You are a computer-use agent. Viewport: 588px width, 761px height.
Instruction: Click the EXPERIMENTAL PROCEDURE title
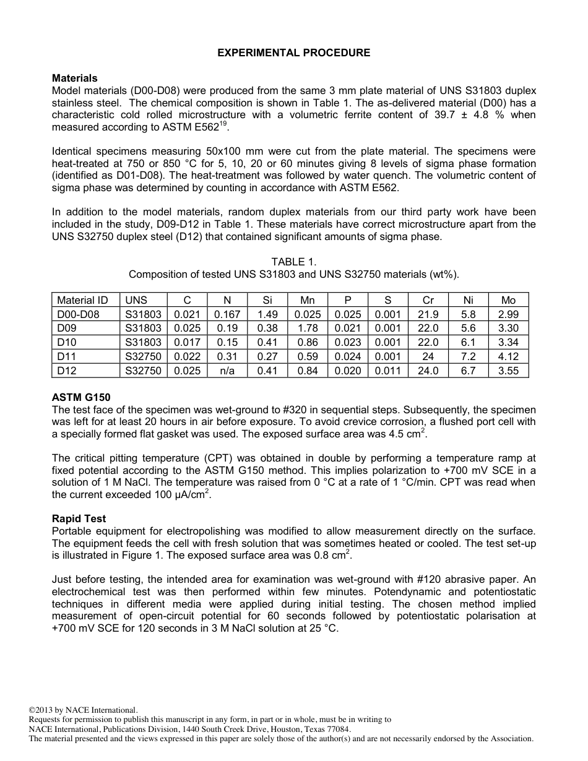[x=293, y=53]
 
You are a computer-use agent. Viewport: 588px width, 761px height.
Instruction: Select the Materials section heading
[x=74, y=78]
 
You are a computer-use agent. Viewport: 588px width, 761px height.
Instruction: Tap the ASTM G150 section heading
[x=81, y=397]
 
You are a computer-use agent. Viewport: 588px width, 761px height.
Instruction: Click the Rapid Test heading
[x=79, y=518]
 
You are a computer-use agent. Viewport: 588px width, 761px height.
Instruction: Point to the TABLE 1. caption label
[x=293, y=262]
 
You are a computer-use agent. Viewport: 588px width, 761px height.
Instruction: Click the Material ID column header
[x=82, y=300]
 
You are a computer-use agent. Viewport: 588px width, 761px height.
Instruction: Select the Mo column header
[x=508, y=300]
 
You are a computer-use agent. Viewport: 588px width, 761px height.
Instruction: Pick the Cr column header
[x=428, y=300]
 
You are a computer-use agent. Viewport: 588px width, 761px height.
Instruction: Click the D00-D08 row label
[x=78, y=314]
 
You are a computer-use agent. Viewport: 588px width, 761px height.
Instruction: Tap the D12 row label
[x=66, y=371]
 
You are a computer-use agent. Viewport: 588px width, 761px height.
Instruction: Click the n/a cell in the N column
[x=227, y=371]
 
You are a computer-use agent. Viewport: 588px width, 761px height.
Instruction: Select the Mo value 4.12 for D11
[x=508, y=356]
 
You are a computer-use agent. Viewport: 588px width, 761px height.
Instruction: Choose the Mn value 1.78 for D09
[x=307, y=329]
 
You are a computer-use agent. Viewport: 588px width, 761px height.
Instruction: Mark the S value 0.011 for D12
[x=387, y=371]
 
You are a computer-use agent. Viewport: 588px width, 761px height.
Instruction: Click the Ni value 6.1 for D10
[x=468, y=342]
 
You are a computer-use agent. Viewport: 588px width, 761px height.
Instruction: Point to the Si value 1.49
[x=267, y=314]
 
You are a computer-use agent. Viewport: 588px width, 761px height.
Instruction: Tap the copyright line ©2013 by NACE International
[x=84, y=710]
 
